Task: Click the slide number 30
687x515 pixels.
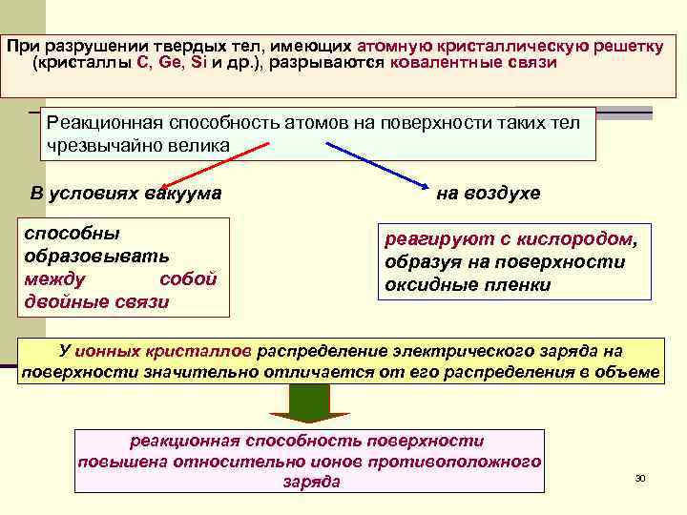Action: coord(640,477)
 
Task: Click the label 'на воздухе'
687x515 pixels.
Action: coord(488,194)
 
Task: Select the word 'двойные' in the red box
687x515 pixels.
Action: coord(59,302)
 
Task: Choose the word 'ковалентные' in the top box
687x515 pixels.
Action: coord(448,64)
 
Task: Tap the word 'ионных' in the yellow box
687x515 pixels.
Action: coord(114,350)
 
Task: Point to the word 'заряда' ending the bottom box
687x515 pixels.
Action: coord(311,482)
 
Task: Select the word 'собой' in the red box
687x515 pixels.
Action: coord(188,279)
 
